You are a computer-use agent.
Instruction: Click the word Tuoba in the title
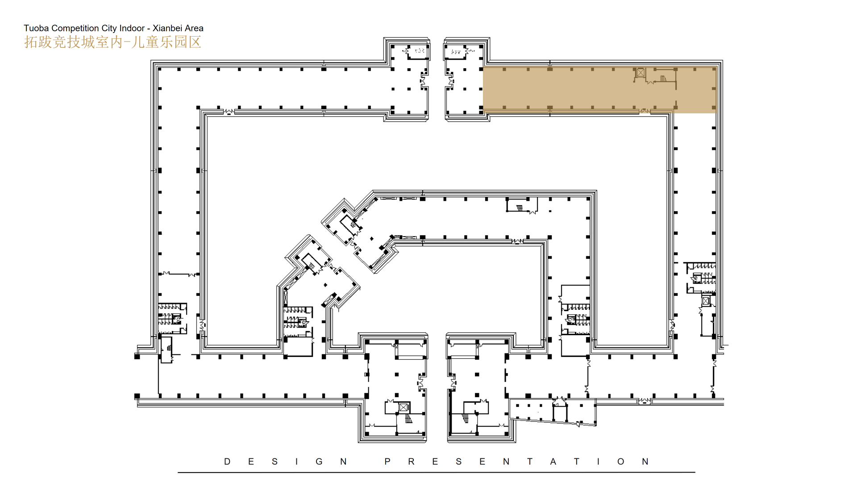[36, 28]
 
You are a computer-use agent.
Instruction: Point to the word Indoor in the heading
[132, 28]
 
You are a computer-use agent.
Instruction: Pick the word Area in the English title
[194, 28]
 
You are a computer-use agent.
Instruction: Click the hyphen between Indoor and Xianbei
[149, 29]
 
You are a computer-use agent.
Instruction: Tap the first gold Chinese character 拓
[31, 42]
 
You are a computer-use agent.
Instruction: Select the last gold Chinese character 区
[195, 42]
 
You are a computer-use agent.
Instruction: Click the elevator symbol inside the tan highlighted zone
[641, 72]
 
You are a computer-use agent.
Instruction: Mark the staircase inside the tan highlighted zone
[663, 79]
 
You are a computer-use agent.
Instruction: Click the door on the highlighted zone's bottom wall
[645, 111]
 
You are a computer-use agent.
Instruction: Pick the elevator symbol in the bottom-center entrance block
[404, 407]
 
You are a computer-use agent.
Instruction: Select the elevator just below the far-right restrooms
[706, 301]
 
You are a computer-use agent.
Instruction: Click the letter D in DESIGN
[227, 461]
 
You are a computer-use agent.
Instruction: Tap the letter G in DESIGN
[319, 461]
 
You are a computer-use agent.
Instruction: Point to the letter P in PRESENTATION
[387, 461]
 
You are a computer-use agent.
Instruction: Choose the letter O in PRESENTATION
[621, 461]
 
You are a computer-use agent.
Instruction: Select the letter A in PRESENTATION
[553, 461]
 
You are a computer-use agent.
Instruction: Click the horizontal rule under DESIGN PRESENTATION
[437, 472]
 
